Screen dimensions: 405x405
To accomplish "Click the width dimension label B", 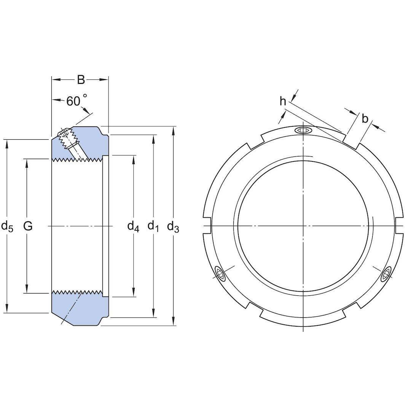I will (81, 80).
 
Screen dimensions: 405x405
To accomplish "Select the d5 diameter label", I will (7, 226).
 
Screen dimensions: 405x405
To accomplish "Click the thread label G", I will (28, 226).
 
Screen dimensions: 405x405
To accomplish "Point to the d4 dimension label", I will (133, 227).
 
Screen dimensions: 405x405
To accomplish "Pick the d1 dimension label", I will (153, 227).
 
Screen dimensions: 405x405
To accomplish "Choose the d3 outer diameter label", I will (173, 227).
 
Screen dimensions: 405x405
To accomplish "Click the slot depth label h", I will (282, 101).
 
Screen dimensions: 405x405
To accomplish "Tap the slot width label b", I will (365, 119).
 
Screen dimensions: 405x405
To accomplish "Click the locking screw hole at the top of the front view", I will (303, 131).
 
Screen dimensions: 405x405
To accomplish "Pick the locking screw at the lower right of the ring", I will (386, 274).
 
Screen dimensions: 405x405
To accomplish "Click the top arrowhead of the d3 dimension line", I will (173, 131).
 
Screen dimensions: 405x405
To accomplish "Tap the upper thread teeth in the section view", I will (76, 159).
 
